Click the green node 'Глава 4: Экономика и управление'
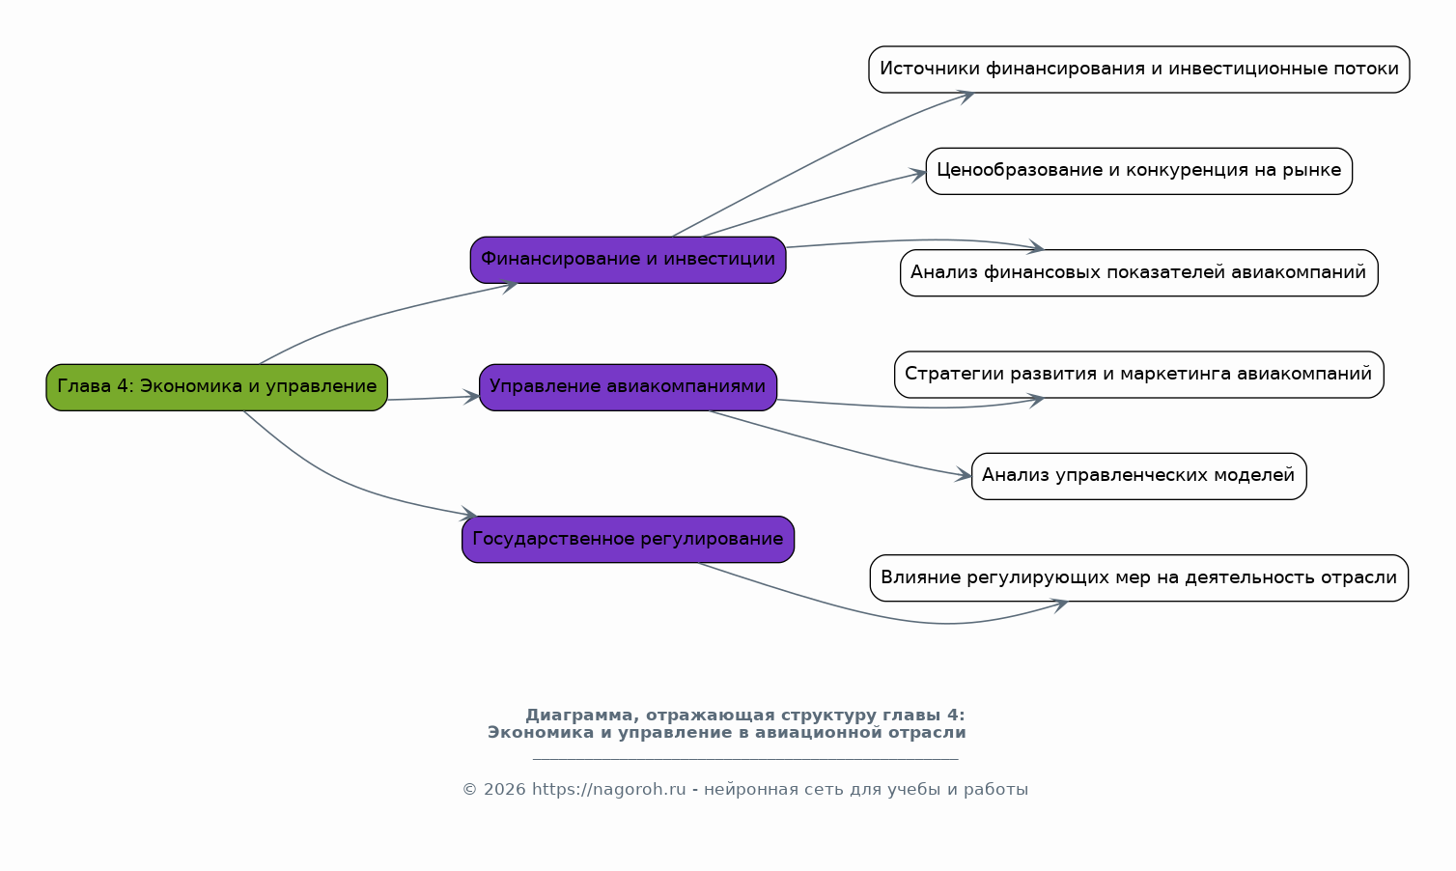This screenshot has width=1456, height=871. tap(216, 387)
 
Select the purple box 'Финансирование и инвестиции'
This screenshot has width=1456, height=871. tap(628, 260)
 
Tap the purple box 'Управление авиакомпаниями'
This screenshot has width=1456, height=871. tap(628, 387)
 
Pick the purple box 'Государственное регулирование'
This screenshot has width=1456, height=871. tap(628, 539)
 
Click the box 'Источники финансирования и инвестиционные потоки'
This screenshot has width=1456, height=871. tap(1138, 70)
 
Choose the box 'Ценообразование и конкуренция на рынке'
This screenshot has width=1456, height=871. tap(1138, 171)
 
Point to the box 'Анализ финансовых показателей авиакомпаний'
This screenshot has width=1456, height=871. tap(1138, 272)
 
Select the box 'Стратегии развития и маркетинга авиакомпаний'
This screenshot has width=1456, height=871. tap(1138, 375)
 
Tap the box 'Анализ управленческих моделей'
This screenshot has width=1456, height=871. tap(1138, 476)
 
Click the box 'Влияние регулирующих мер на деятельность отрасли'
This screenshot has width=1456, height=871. tap(1138, 577)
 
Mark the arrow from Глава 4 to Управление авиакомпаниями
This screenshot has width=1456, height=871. tap(434, 398)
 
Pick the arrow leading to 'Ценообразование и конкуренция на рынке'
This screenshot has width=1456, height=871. tap(811, 203)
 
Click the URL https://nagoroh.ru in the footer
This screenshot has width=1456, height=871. tap(608, 790)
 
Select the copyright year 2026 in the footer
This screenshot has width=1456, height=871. tap(504, 790)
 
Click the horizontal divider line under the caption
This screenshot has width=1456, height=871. tap(745, 759)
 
